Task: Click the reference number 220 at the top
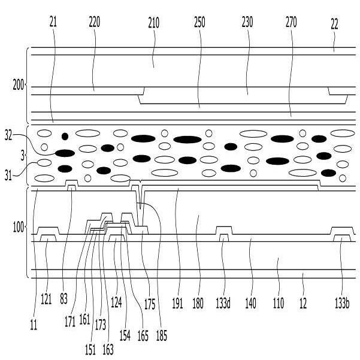tap(94, 22)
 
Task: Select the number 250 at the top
tap(199, 22)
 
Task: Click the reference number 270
tap(291, 22)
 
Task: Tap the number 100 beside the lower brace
tap(19, 228)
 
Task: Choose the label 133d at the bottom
tap(223, 304)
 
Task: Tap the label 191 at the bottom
tap(177, 304)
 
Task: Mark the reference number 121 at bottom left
tap(48, 297)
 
